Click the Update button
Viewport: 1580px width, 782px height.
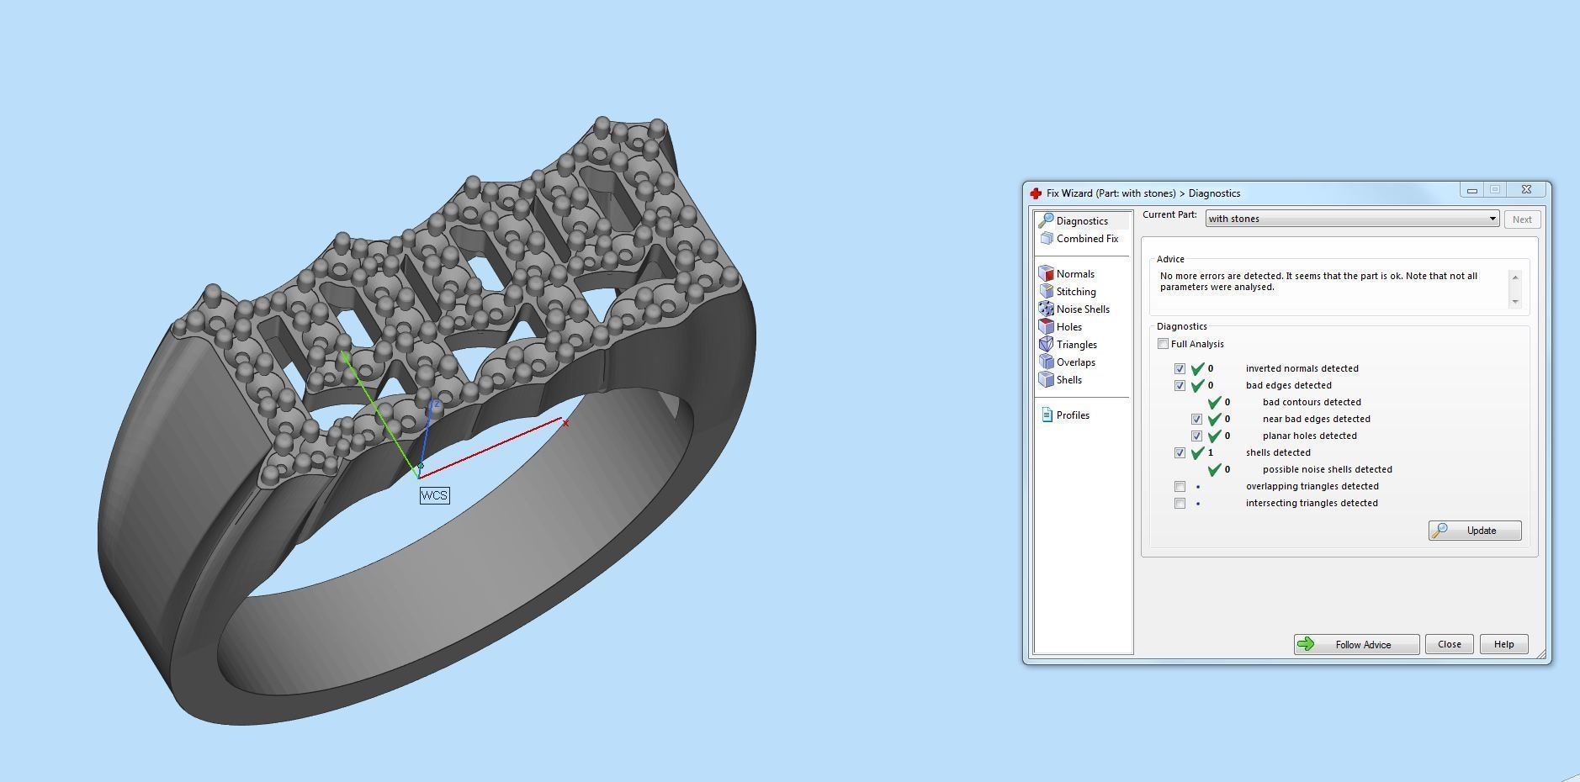click(1474, 531)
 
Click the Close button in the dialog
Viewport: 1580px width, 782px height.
click(1449, 644)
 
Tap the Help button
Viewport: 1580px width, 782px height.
click(1503, 644)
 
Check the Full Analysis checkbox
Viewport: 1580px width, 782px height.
click(1163, 344)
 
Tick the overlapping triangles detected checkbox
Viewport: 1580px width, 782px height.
click(1180, 487)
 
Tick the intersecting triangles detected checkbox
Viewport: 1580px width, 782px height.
click(1180, 504)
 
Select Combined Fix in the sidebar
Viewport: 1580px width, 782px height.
click(1086, 239)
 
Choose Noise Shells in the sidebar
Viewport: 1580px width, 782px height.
click(1082, 309)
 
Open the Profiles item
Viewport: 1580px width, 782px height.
click(1072, 415)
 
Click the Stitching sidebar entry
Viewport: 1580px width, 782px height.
click(1075, 292)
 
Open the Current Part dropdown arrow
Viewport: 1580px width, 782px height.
click(1493, 219)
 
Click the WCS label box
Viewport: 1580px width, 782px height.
click(434, 495)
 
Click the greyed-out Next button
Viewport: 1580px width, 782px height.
click(1521, 219)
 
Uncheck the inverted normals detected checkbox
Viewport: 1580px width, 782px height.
click(1180, 369)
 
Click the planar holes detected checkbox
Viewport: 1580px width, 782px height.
click(1196, 436)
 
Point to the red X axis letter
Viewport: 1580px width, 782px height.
click(565, 423)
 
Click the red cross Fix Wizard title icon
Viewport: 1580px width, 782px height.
click(1036, 193)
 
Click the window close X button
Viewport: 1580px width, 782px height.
click(1526, 190)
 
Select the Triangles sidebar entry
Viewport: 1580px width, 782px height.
click(1076, 345)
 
